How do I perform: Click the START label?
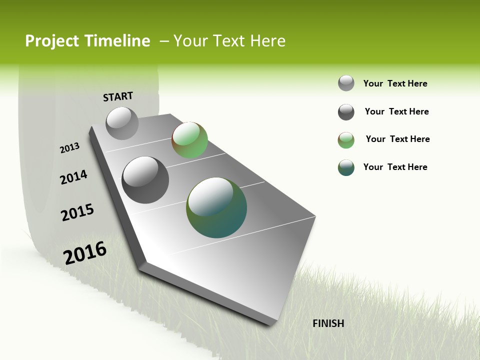[118, 96]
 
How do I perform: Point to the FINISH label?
[328, 323]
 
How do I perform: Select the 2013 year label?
[70, 148]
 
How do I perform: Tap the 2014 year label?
[74, 177]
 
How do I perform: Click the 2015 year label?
[77, 212]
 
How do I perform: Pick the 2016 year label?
[85, 253]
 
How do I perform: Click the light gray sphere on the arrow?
[122, 123]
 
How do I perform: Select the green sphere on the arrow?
[189, 140]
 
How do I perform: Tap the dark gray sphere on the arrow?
[145, 180]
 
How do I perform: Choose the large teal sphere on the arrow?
[216, 207]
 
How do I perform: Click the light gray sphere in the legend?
[346, 83]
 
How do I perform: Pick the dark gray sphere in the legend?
[346, 112]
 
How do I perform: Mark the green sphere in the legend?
[346, 140]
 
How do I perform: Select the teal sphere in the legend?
[346, 167]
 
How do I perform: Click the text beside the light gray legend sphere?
[395, 83]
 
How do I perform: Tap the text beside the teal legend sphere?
[395, 167]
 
